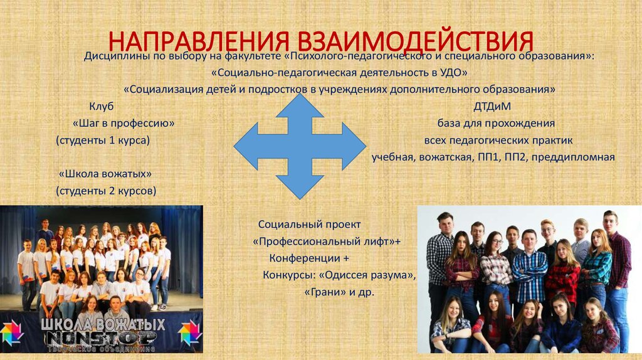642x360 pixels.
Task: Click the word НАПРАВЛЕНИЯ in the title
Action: (x=191, y=42)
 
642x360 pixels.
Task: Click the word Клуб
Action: (x=102, y=106)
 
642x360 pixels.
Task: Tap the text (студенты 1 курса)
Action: (x=103, y=140)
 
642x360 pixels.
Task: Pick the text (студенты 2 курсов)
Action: (x=106, y=190)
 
